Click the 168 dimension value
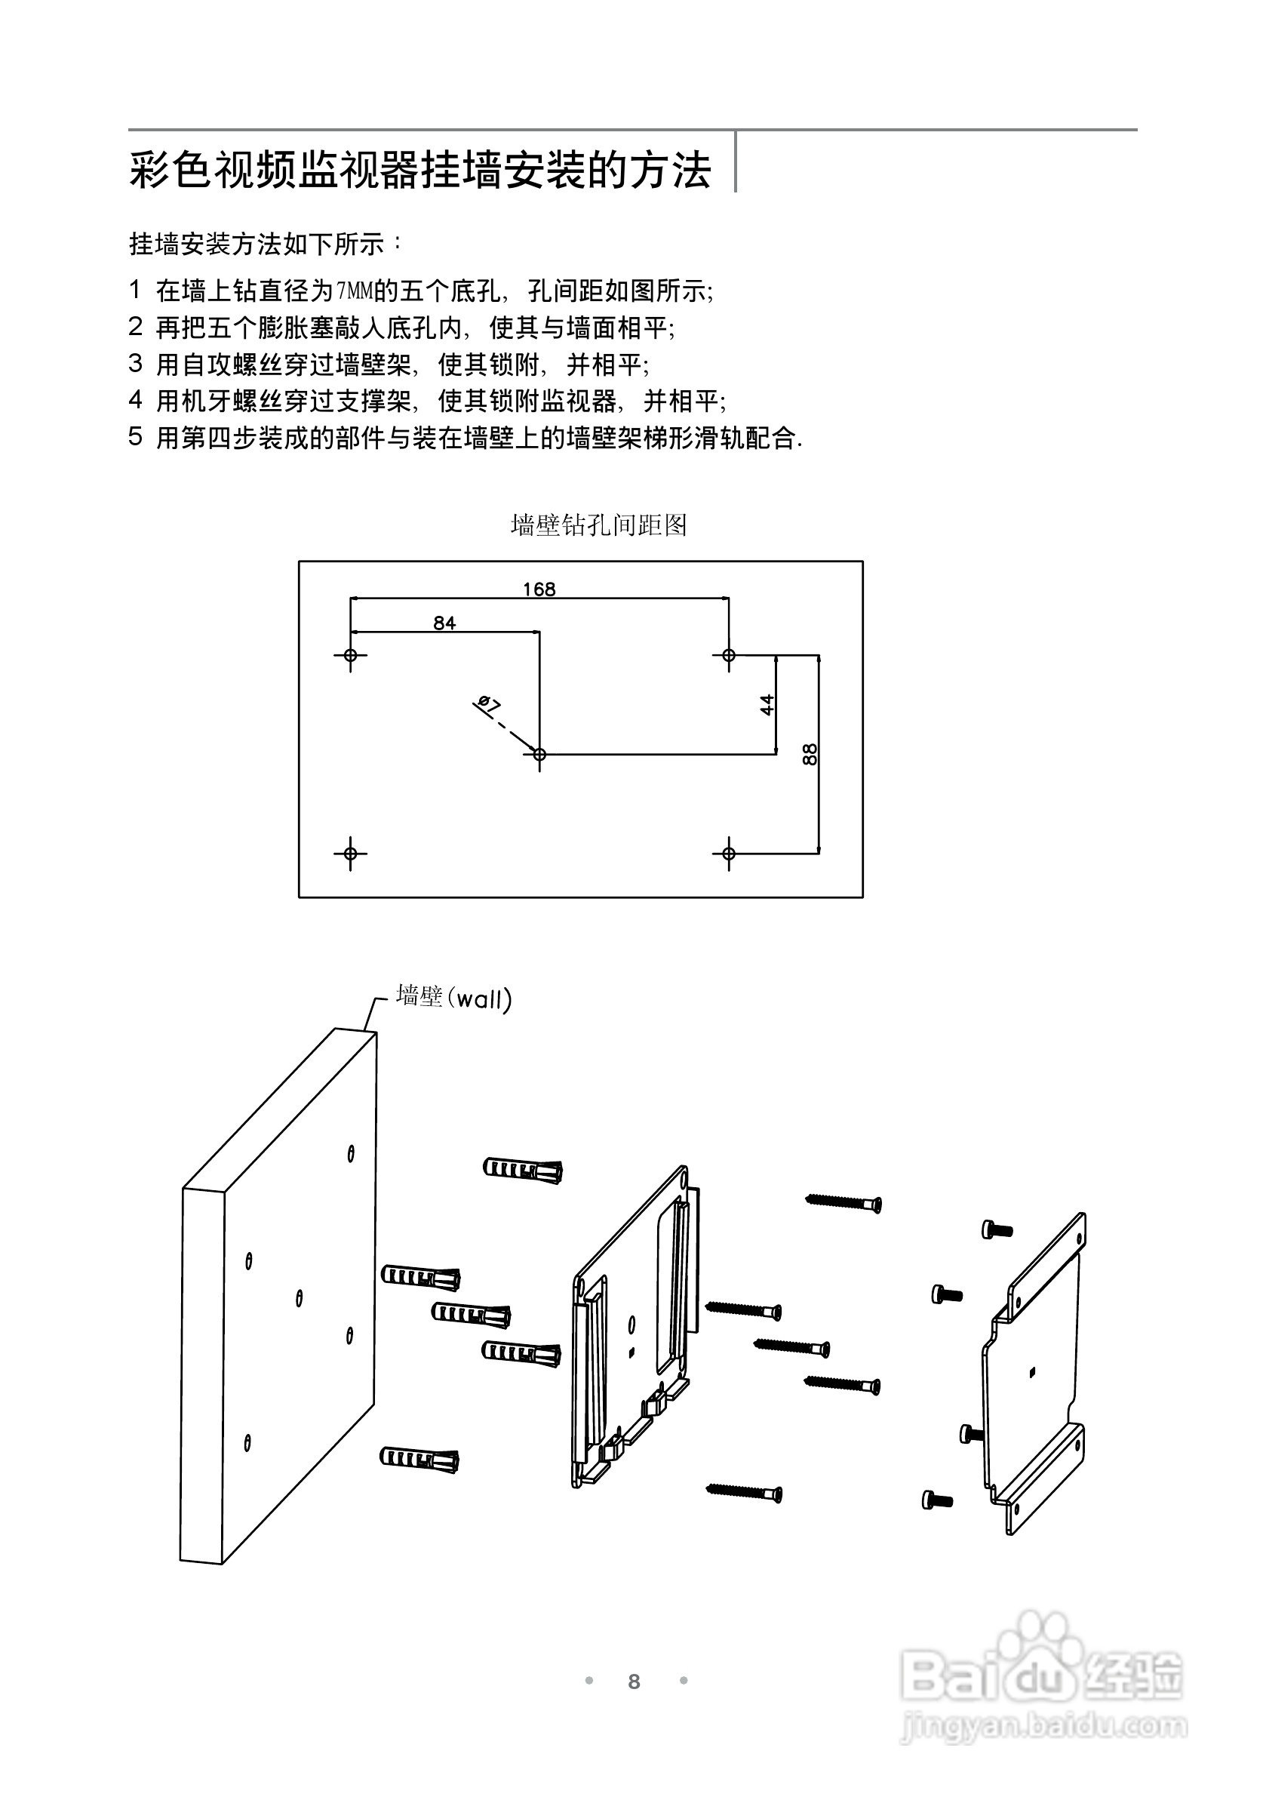point(539,589)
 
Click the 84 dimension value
point(444,623)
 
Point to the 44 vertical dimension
point(767,704)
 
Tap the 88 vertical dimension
point(810,755)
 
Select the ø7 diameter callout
point(488,704)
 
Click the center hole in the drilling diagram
point(539,755)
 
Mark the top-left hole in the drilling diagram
point(350,655)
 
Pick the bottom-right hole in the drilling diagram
point(729,853)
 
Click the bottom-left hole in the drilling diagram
point(350,853)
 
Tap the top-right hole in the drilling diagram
point(729,655)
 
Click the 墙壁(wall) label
point(454,998)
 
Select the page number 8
point(634,1682)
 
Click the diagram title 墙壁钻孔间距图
point(598,525)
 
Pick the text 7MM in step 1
point(354,291)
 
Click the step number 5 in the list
point(135,437)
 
